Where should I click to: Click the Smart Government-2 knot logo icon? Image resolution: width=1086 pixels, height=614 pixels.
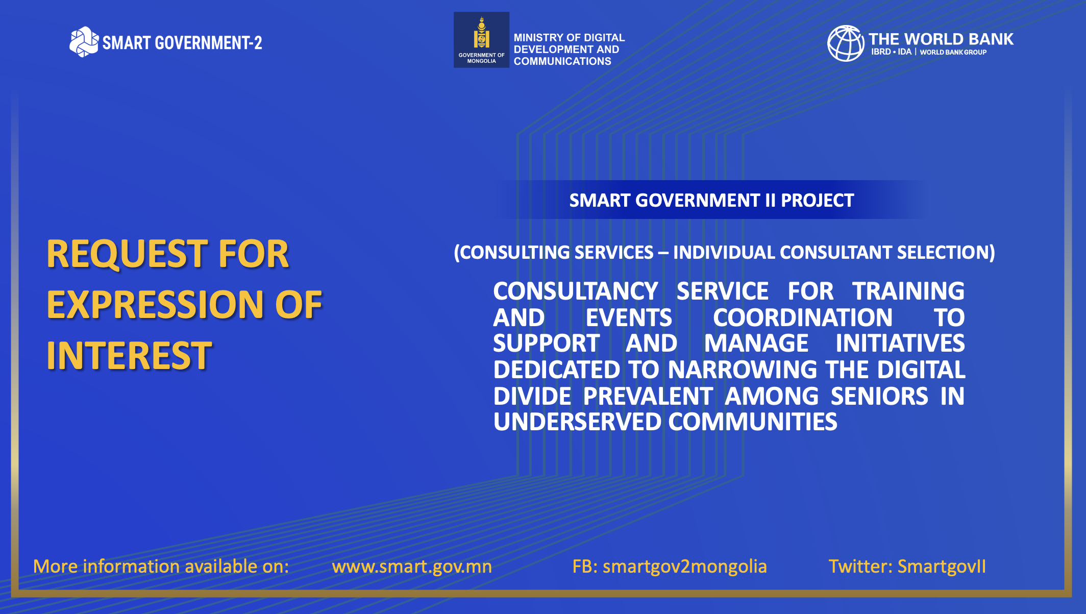(84, 42)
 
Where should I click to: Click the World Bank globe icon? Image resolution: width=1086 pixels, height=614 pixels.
(846, 43)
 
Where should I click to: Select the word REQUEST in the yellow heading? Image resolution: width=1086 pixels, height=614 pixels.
(127, 254)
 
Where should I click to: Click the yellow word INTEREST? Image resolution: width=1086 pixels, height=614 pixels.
(129, 356)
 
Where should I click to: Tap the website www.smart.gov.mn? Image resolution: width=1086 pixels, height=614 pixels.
(412, 567)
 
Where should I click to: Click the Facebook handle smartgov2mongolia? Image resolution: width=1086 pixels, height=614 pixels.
(685, 567)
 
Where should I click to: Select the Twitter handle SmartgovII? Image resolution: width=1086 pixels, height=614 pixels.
(942, 567)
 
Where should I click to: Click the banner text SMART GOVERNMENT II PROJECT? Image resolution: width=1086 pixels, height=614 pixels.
(711, 201)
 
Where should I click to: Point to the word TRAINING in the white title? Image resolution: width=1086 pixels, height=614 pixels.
(908, 291)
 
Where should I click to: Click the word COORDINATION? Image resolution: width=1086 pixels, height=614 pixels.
(803, 317)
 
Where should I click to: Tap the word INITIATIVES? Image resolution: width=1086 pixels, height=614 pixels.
(900, 343)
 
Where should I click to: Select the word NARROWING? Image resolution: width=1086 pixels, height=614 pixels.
(743, 370)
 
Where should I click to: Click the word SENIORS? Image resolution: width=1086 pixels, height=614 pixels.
(879, 396)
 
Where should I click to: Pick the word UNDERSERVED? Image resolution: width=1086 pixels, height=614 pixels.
(577, 422)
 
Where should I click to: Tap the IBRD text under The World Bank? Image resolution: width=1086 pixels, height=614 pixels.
(881, 52)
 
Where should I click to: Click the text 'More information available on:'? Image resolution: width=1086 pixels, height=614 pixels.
(161, 567)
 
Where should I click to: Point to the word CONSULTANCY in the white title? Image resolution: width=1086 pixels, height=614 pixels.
(576, 291)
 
